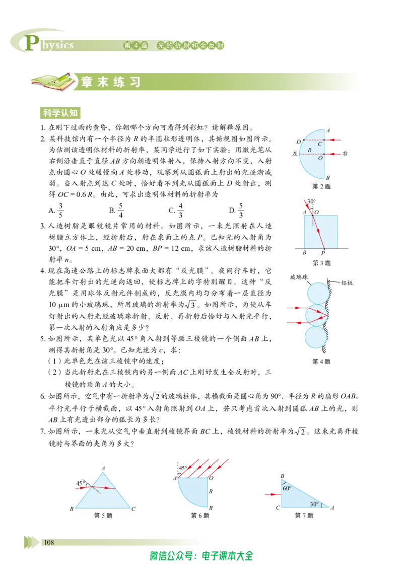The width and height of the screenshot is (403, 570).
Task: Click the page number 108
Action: pyautogui.click(x=49, y=542)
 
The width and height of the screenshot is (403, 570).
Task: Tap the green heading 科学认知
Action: pyautogui.click(x=60, y=113)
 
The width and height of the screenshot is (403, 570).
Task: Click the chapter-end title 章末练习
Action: pyautogui.click(x=110, y=82)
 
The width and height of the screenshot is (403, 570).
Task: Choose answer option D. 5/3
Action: pyautogui.click(x=236, y=210)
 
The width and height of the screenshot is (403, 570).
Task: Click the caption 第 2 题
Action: pyautogui.click(x=321, y=186)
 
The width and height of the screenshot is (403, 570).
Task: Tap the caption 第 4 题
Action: pyautogui.click(x=321, y=361)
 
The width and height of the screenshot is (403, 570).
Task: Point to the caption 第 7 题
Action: pyautogui.click(x=304, y=515)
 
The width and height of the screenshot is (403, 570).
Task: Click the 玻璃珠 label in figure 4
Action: pyautogui.click(x=299, y=277)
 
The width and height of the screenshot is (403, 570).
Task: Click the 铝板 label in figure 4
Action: pyautogui.click(x=347, y=282)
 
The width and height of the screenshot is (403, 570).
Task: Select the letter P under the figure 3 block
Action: pyautogui.click(x=323, y=253)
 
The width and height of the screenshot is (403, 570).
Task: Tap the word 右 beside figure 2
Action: pyautogui.click(x=345, y=154)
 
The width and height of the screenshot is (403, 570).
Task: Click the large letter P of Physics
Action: pyautogui.click(x=32, y=42)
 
